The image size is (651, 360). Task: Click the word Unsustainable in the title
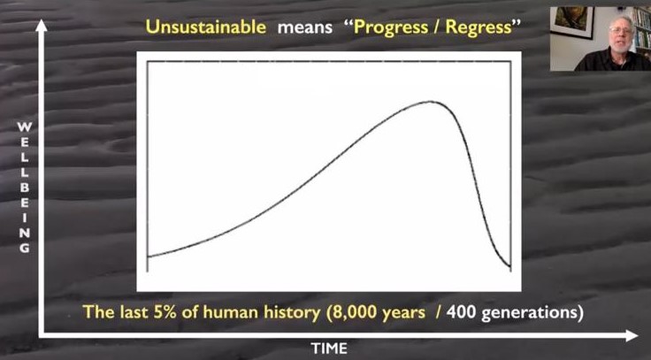tap(205, 27)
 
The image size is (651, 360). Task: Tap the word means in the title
tap(305, 28)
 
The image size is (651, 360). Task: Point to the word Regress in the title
tap(479, 28)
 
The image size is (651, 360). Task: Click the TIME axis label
tap(329, 348)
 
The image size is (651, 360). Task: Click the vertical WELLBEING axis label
tap(25, 188)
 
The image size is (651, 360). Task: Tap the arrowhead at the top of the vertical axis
tap(41, 26)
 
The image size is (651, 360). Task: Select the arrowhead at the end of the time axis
tap(632, 335)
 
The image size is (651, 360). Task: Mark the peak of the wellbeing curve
tap(430, 102)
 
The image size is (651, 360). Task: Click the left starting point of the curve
tap(148, 257)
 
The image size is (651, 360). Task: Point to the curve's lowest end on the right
tap(510, 266)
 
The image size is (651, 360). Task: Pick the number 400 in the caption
tap(461, 312)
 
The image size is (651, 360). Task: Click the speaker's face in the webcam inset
tap(620, 34)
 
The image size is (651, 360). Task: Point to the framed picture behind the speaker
tap(572, 22)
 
